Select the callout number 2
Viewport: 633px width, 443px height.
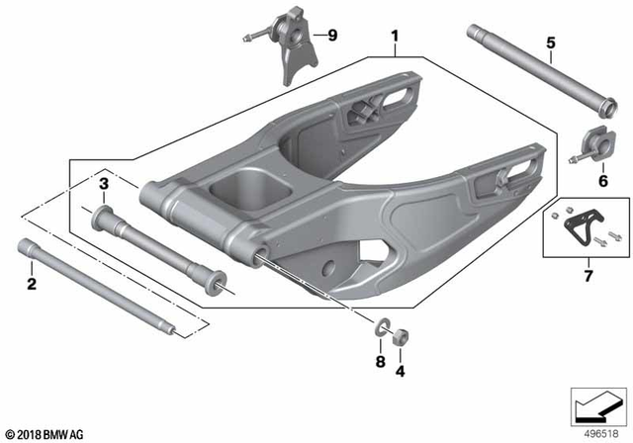coord(32,285)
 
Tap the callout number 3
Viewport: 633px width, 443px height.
coord(103,183)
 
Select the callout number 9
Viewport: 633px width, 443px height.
coord(331,37)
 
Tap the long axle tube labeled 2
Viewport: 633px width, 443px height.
coord(99,288)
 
